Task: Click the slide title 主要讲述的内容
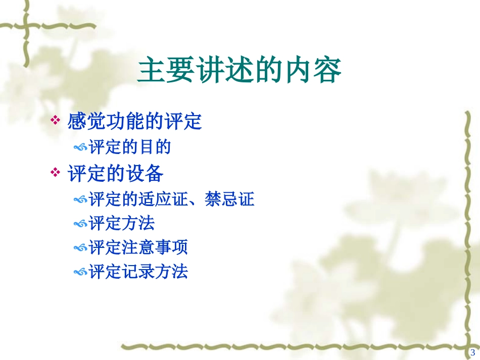point(239,71)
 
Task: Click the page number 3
point(473,352)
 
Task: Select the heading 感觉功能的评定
point(134,122)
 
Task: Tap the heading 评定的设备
point(115,174)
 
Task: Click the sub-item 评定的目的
point(130,147)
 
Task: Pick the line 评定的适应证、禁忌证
point(171,199)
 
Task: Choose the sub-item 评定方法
point(121,223)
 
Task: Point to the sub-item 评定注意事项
point(138,247)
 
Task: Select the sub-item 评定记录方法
point(138,272)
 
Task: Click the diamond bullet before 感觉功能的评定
point(55,121)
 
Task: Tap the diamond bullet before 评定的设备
point(55,173)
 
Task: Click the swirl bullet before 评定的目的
point(80,148)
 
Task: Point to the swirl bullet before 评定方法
point(80,224)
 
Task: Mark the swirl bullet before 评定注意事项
point(80,248)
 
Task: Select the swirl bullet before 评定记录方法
point(80,273)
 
